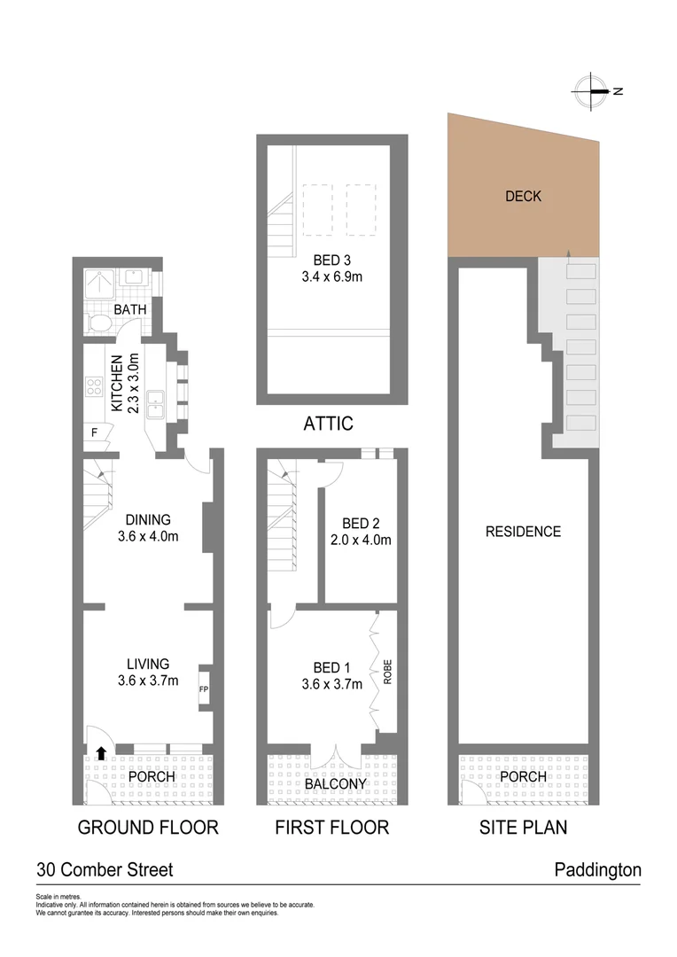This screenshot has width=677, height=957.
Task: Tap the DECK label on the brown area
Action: pos(523,197)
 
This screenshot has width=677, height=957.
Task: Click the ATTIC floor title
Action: pos(328,424)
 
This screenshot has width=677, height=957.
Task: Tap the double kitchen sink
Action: pos(156,404)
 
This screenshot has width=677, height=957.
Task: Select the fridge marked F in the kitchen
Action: pos(94,433)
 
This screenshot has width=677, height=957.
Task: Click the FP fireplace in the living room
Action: pos(203,689)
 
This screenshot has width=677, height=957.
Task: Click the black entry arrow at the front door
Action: pos(101,753)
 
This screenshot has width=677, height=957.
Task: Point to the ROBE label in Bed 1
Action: pos(386,669)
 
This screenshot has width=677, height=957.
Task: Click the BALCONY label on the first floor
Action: pos(335,784)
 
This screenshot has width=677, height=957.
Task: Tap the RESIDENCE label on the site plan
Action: pos(523,532)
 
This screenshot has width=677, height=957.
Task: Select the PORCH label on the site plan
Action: pos(523,777)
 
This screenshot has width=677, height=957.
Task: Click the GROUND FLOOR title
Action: pos(148,828)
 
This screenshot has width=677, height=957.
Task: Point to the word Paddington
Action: pos(597,870)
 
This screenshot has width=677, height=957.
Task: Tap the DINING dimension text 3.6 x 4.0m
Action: pos(147,536)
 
